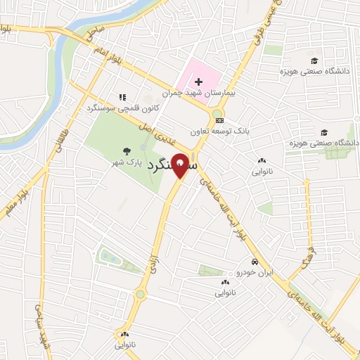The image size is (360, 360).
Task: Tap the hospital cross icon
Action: point(198,82)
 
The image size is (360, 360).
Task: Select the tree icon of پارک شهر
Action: point(127,150)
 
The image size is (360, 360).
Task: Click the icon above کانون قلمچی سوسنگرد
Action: point(122,97)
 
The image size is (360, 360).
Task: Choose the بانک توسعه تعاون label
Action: point(219,131)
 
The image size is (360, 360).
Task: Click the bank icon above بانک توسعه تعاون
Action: point(220,120)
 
